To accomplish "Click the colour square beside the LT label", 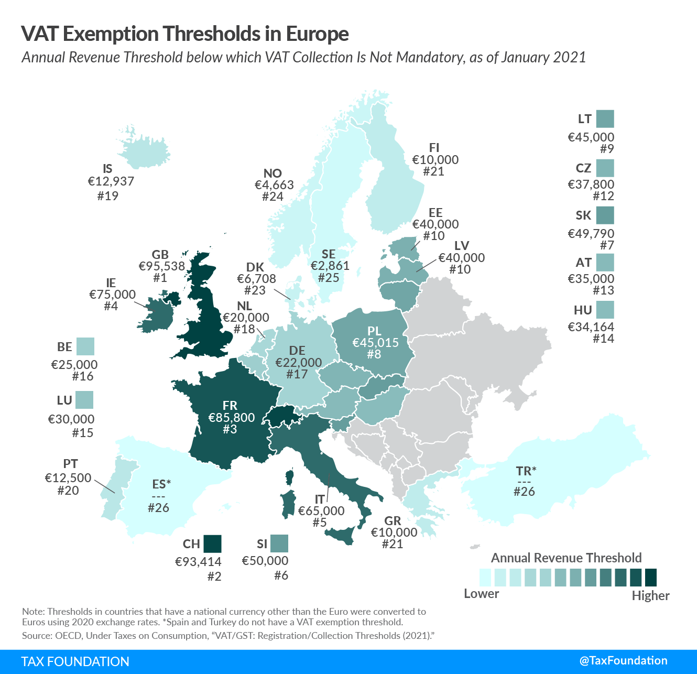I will click(x=605, y=119).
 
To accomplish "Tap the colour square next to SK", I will click(x=605, y=215).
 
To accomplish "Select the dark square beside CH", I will click(x=212, y=543).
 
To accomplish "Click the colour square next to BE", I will click(x=85, y=346).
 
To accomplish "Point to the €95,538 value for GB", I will click(x=161, y=266).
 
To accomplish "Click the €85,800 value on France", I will click(x=231, y=418).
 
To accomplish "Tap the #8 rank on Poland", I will click(x=374, y=354).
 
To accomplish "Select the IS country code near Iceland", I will click(x=107, y=169).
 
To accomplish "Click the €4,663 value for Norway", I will click(x=274, y=185).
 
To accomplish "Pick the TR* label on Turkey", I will click(x=526, y=471).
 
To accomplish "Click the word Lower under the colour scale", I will click(x=481, y=594).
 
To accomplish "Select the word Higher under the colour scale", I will click(x=650, y=596).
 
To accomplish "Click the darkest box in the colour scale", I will click(x=651, y=578).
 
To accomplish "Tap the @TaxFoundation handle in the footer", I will click(x=623, y=661).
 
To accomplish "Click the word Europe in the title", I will click(x=317, y=34).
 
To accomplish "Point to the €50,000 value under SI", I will click(x=265, y=561).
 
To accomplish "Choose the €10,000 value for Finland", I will click(x=435, y=160).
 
